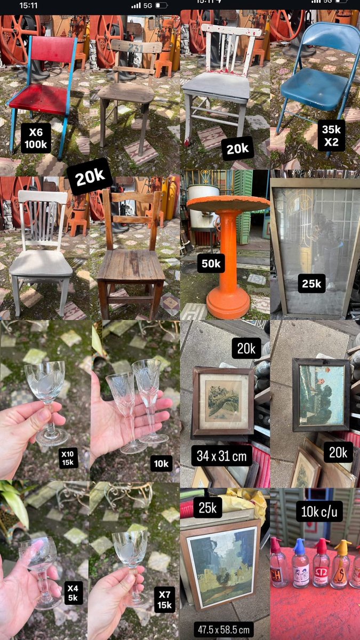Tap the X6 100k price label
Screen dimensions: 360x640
click(x=36, y=138)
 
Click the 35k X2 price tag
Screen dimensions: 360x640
click(x=331, y=135)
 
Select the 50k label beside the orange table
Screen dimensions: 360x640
click(x=211, y=263)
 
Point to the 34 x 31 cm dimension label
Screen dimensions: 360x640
click(x=222, y=455)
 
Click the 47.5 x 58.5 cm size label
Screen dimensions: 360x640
click(x=223, y=629)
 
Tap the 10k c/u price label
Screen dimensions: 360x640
click(x=319, y=511)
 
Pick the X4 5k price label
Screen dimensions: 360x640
click(x=73, y=593)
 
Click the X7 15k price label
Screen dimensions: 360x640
click(x=164, y=599)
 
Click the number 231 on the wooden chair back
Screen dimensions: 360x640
click(x=135, y=48)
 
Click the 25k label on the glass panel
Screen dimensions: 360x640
click(x=311, y=283)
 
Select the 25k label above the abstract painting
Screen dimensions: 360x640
click(x=207, y=507)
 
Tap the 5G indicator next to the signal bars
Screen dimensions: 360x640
click(x=148, y=5)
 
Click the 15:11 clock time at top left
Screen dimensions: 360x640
click(x=28, y=5)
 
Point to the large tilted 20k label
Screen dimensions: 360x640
click(x=90, y=177)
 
